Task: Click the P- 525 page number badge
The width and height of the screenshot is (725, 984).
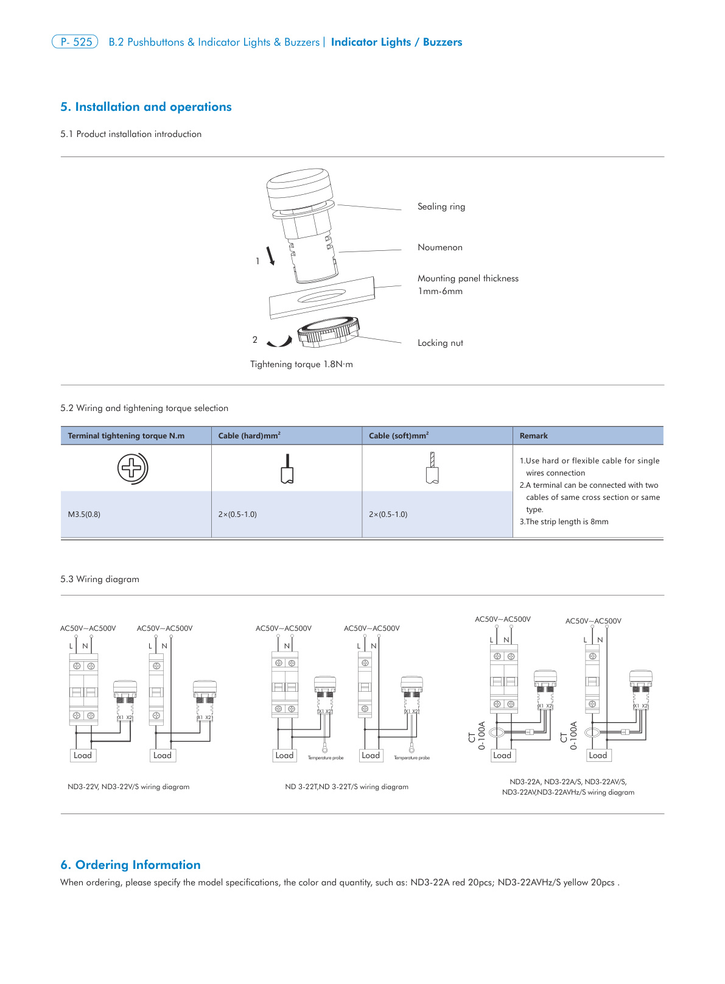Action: point(75,42)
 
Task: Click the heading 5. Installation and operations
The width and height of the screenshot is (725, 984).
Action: point(145,107)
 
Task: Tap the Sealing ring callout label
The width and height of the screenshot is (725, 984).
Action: point(441,206)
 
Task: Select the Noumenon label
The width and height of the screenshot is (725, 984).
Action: point(440,247)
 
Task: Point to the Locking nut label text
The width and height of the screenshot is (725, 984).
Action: point(440,343)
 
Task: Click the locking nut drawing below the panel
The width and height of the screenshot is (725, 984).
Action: point(327,332)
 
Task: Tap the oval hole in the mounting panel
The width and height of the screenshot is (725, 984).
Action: point(321,297)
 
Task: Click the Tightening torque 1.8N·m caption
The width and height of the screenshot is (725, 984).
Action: point(301,364)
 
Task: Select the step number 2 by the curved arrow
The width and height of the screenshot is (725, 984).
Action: point(255,340)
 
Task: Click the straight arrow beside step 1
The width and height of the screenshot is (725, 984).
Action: point(270,256)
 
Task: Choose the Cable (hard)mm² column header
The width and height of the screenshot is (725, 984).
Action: point(249,436)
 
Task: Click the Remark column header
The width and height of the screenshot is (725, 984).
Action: point(533,436)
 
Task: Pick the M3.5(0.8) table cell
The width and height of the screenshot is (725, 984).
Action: point(84,515)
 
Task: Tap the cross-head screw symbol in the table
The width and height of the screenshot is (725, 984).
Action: point(132,468)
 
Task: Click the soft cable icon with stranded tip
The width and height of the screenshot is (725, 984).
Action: point(432,468)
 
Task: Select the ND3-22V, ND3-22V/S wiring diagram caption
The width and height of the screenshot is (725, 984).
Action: point(128,787)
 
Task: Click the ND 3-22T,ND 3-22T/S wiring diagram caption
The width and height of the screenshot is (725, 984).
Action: point(346,787)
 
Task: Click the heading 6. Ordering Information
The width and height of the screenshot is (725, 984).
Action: point(130,865)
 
